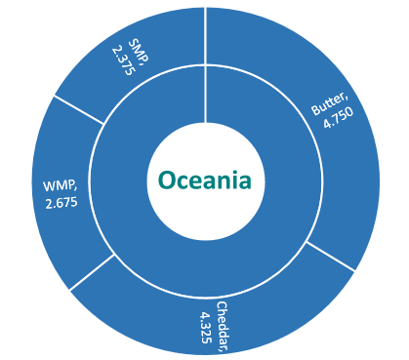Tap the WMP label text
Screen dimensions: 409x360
(x=61, y=186)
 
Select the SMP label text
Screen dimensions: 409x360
(x=140, y=50)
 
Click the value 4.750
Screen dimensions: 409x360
(x=339, y=117)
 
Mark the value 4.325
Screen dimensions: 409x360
(x=206, y=328)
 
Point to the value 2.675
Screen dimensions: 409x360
(x=61, y=203)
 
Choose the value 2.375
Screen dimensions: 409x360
(x=123, y=61)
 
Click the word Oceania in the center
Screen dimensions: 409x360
(x=205, y=180)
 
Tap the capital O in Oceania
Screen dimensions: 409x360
(x=167, y=180)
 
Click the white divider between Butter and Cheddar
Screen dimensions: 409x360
(x=331, y=257)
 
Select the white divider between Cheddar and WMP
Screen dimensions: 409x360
(x=92, y=272)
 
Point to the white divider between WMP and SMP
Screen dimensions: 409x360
(x=79, y=109)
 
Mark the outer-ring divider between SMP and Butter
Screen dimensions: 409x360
(x=206, y=36)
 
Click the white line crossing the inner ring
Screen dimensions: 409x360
(x=206, y=94)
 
